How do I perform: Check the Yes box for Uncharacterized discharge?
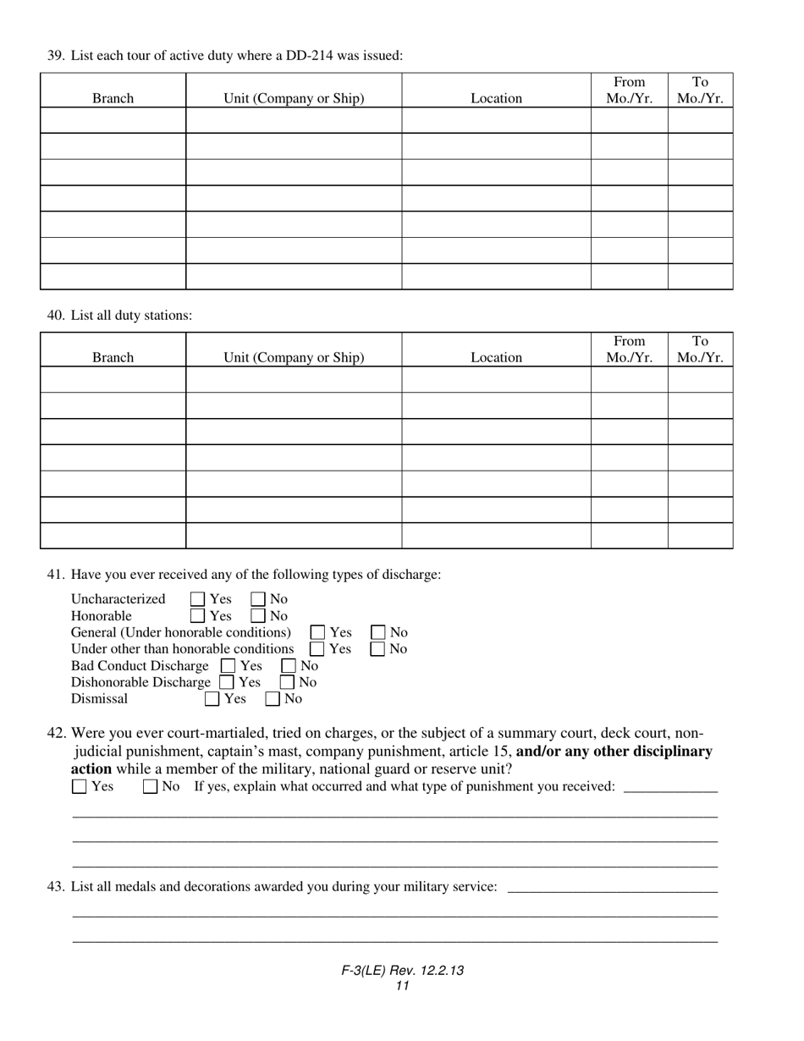click(x=198, y=600)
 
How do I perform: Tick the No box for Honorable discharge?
click(x=258, y=616)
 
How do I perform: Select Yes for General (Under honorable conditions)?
click(x=318, y=633)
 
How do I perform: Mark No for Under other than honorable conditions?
click(x=378, y=649)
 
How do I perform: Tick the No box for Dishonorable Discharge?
click(x=288, y=682)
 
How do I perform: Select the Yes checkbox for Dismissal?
click(x=212, y=699)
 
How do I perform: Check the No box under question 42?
click(x=151, y=787)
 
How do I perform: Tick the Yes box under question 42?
click(x=80, y=787)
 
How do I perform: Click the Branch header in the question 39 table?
click(x=113, y=98)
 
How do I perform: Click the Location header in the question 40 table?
click(x=496, y=357)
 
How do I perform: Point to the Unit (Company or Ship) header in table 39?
click(x=294, y=98)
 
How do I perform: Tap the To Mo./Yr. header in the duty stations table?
click(x=700, y=350)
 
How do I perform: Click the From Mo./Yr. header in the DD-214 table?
click(x=629, y=90)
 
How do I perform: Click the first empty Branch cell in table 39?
click(x=113, y=120)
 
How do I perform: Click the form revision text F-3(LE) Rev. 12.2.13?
click(x=402, y=972)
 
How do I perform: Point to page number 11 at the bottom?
click(x=402, y=986)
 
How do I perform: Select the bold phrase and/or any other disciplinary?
click(x=614, y=752)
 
